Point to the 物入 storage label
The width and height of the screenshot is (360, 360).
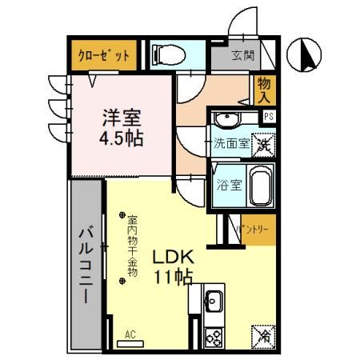(265, 89)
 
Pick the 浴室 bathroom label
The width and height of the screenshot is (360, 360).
(230, 186)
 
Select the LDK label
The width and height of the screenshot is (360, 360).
(174, 258)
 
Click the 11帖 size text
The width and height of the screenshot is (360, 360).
(174, 278)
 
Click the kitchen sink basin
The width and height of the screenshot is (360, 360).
(214, 302)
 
